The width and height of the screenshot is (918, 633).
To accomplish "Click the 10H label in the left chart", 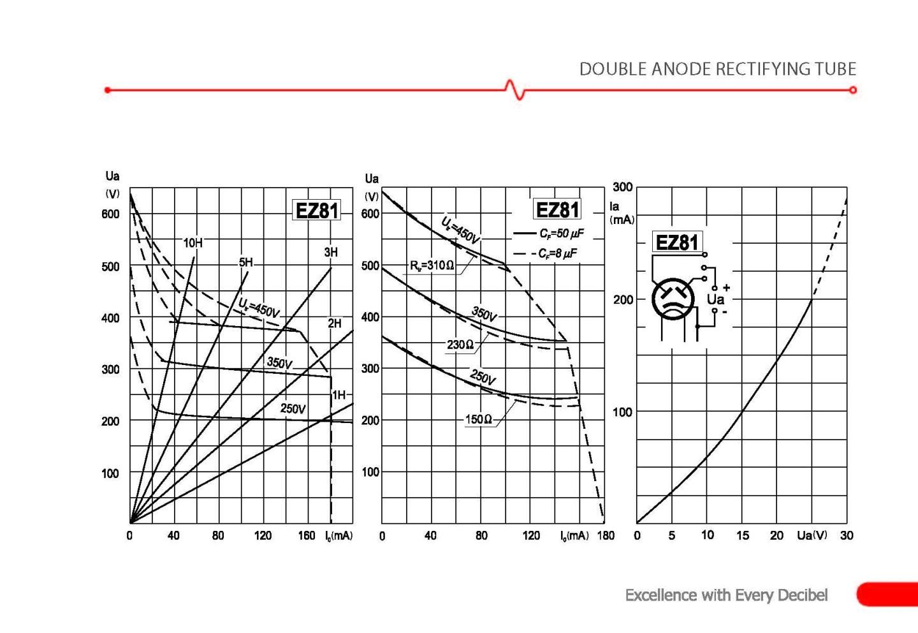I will (x=193, y=243).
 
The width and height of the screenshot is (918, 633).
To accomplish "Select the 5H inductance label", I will (x=246, y=262).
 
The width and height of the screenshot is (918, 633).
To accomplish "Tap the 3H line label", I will (x=331, y=253).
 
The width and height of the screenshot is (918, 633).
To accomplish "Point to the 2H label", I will (x=335, y=324).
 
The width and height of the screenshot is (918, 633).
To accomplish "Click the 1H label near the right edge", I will (x=339, y=395).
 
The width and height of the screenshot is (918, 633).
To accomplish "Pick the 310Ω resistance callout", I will (x=432, y=265).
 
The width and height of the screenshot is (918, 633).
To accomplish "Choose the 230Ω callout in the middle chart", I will (x=460, y=345).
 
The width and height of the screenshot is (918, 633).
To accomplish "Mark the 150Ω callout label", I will (x=478, y=419).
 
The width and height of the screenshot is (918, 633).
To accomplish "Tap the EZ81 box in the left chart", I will (x=316, y=211).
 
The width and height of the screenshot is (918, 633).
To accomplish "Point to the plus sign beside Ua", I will (x=726, y=288).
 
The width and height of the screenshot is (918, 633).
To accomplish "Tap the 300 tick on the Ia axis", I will (x=622, y=187).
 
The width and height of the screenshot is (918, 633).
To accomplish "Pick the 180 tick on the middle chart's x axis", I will (x=605, y=535).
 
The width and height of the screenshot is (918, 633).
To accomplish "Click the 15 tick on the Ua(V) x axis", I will (x=743, y=535).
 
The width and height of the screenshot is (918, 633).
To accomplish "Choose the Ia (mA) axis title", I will (x=620, y=213).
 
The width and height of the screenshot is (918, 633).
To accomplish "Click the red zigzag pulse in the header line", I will (x=515, y=89).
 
